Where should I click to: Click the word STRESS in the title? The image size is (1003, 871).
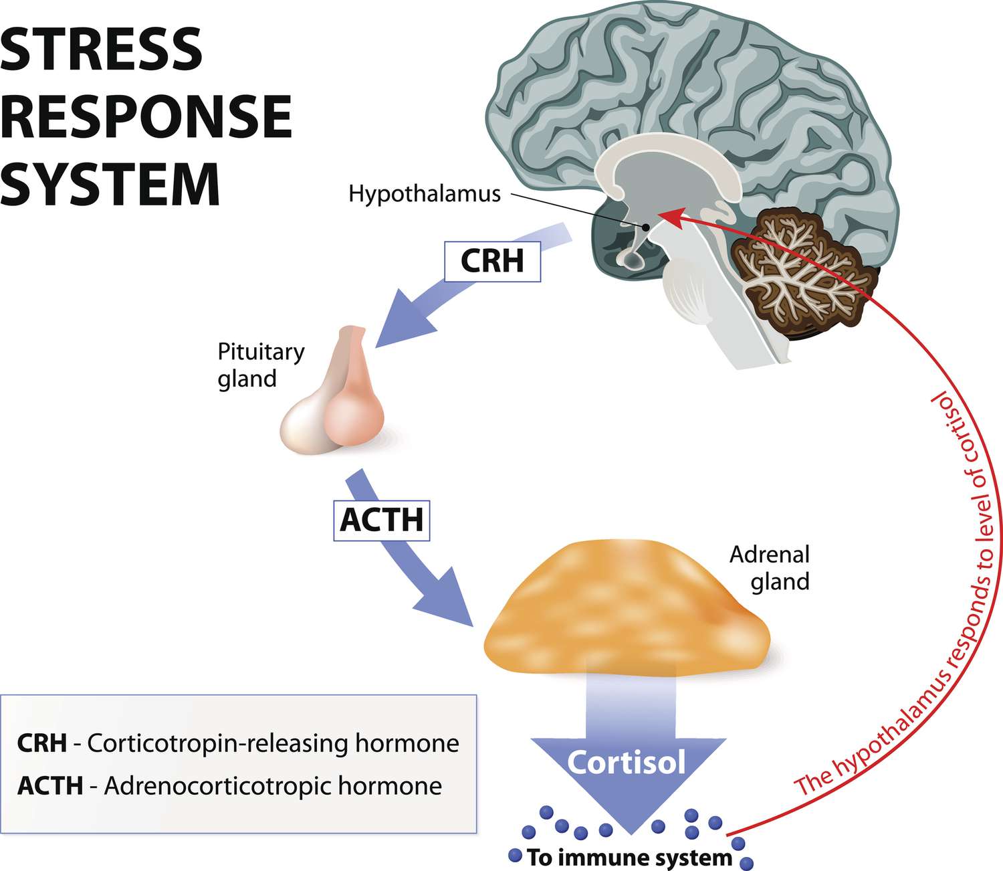pyautogui.click(x=101, y=50)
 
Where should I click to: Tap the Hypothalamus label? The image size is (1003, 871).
pyautogui.click(x=425, y=194)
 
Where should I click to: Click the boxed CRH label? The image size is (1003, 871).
pyautogui.click(x=492, y=261)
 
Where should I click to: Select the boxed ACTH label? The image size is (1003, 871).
pyautogui.click(x=381, y=520)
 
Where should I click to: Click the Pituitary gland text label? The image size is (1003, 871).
pyautogui.click(x=261, y=365)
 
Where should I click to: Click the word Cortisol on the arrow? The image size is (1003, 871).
pyautogui.click(x=627, y=762)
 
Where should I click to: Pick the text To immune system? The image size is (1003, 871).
pyautogui.click(x=629, y=857)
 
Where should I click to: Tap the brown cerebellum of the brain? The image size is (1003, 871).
pyautogui.click(x=802, y=274)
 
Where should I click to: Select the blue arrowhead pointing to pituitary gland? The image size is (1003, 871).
pyautogui.click(x=401, y=321)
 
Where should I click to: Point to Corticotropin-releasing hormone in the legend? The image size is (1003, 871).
pyautogui.click(x=273, y=743)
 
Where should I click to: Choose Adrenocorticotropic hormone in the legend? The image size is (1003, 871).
pyautogui.click(x=273, y=785)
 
